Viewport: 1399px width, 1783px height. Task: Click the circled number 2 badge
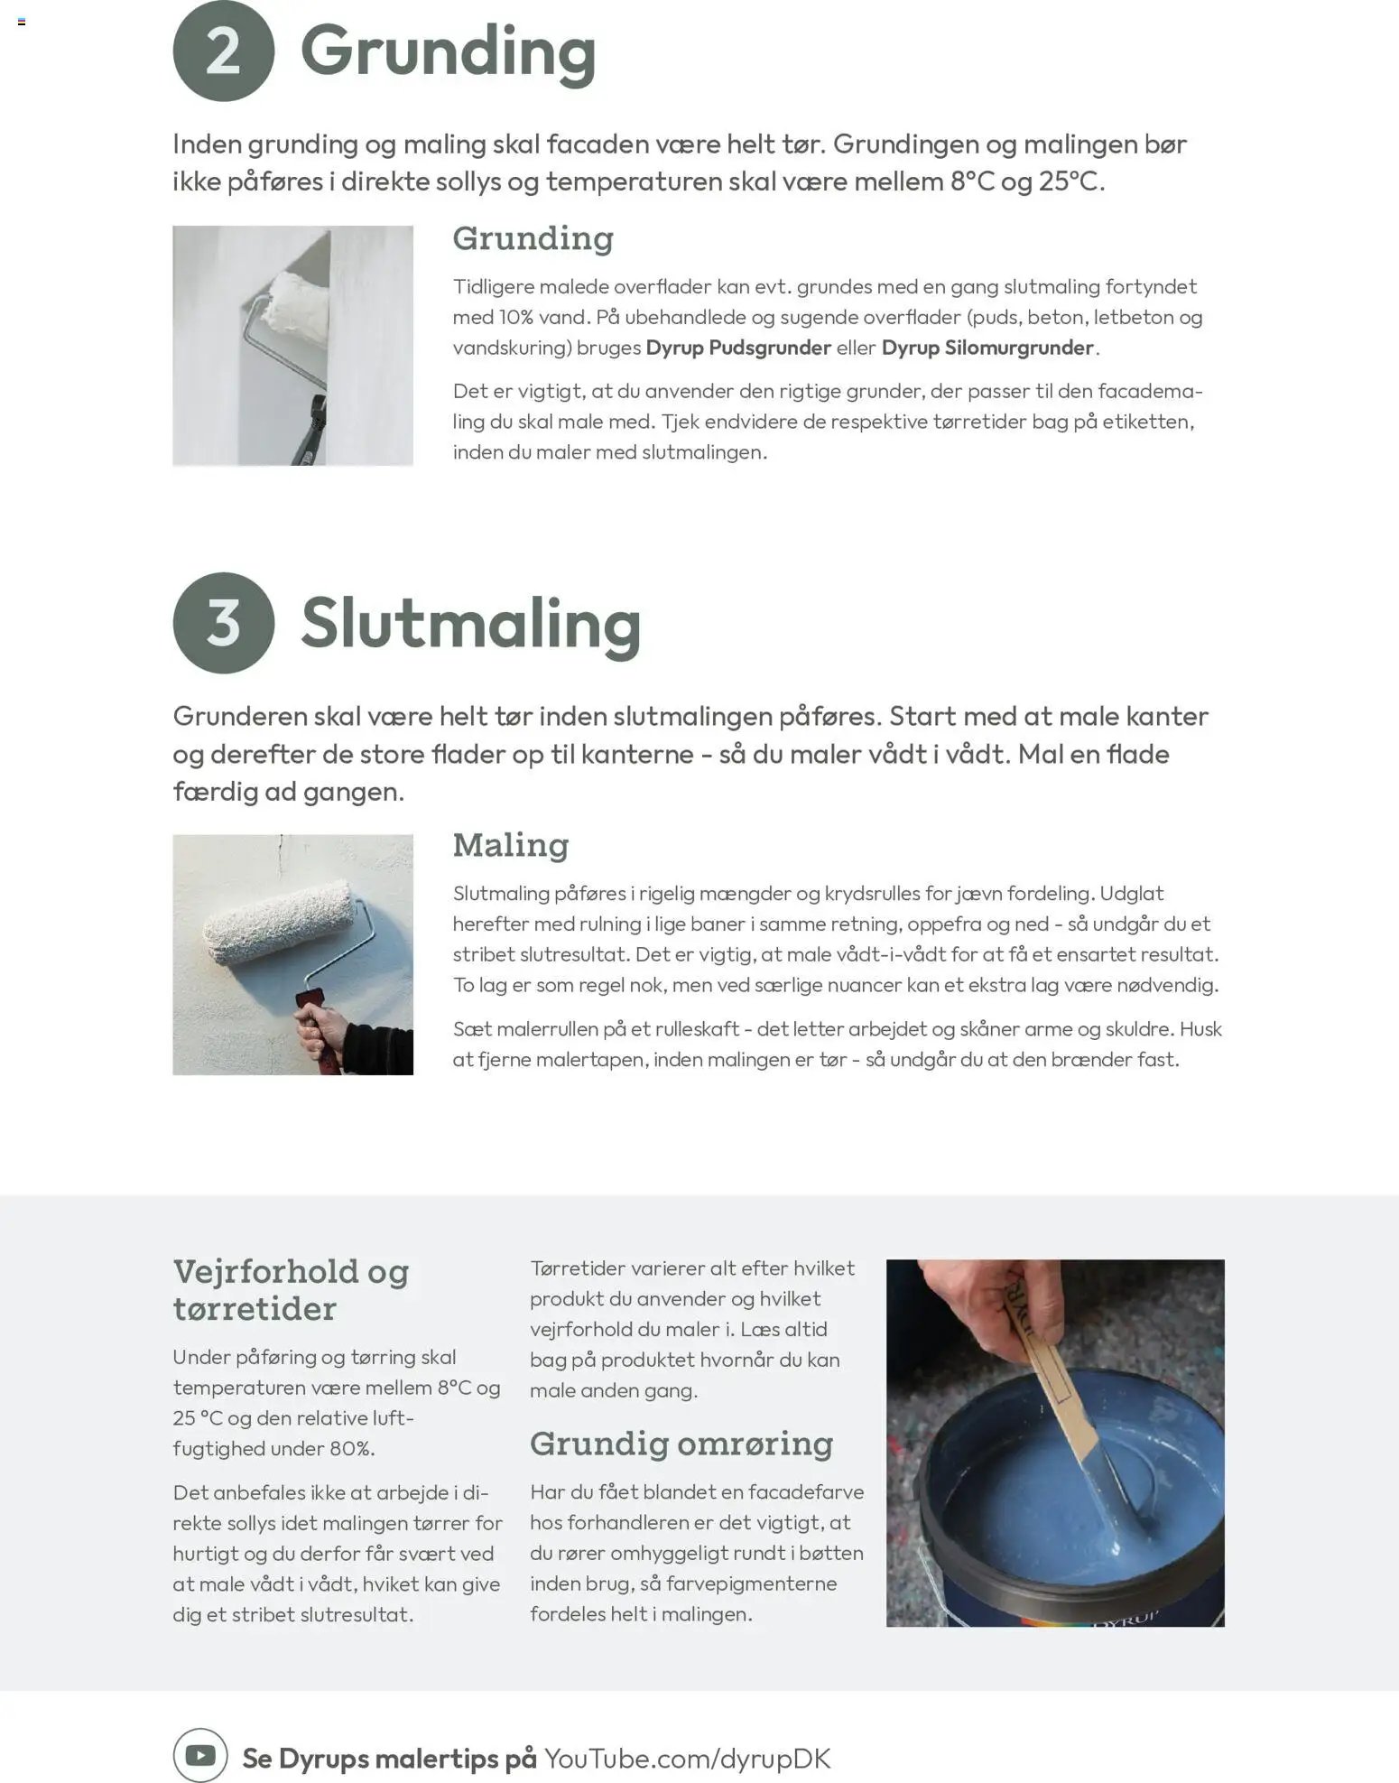(x=223, y=51)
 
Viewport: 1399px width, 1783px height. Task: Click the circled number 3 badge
(x=223, y=622)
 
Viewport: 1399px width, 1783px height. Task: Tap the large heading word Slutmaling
(x=471, y=624)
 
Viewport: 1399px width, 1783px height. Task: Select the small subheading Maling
(x=511, y=845)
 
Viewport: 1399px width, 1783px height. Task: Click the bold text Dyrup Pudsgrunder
(x=738, y=348)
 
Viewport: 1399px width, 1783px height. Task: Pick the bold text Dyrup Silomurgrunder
(x=987, y=348)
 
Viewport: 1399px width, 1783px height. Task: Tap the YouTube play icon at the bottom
(x=200, y=1755)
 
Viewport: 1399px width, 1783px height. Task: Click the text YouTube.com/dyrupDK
(x=687, y=1758)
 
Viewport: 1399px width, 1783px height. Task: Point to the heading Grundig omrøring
(x=681, y=1444)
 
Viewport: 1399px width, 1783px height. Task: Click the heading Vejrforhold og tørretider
(x=291, y=1289)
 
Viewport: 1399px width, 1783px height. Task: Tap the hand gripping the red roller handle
(x=317, y=1028)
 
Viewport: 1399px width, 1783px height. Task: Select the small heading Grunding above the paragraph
(x=533, y=238)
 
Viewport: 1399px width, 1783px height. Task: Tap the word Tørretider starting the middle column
(x=577, y=1268)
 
